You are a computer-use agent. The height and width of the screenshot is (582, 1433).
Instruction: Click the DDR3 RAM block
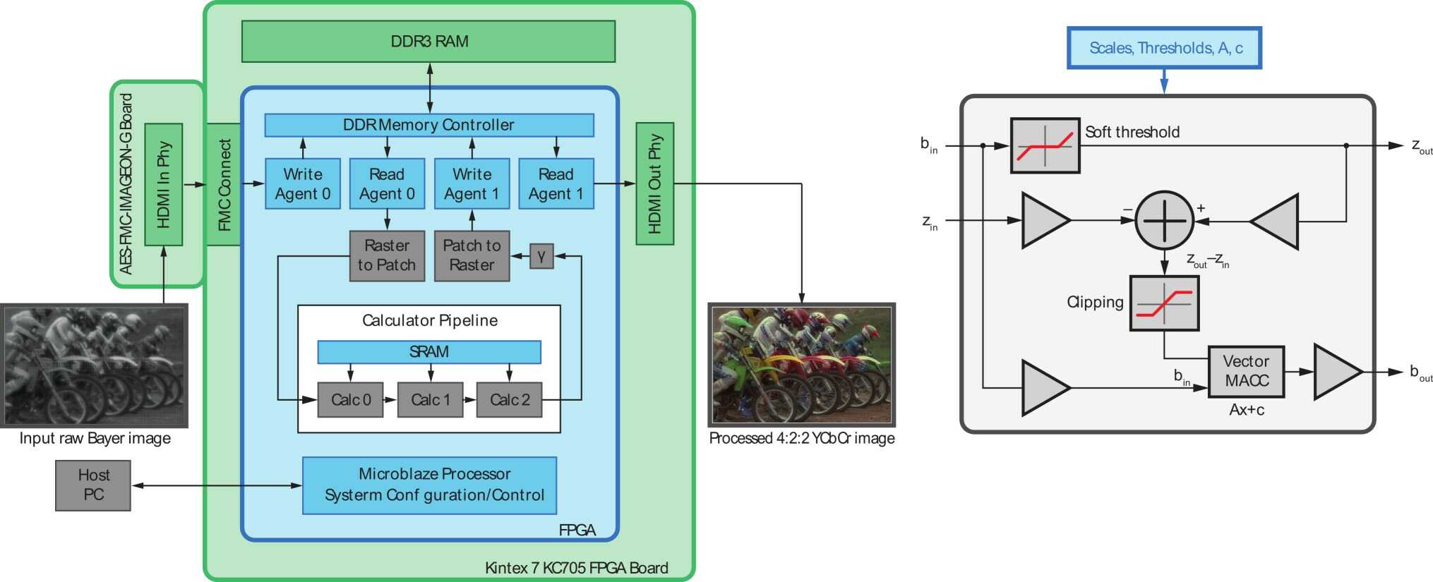(x=428, y=41)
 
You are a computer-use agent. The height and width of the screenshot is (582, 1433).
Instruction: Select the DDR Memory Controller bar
(x=428, y=125)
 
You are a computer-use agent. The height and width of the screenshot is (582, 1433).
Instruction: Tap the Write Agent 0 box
(x=302, y=183)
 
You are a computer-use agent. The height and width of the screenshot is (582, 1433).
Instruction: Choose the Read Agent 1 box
(x=556, y=183)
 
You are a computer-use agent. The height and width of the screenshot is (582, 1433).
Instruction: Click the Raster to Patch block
(x=387, y=255)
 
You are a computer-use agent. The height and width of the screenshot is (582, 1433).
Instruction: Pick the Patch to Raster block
(x=472, y=255)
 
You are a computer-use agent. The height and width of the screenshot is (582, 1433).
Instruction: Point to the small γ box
(x=541, y=256)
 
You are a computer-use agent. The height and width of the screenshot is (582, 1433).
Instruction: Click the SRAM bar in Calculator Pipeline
(x=428, y=351)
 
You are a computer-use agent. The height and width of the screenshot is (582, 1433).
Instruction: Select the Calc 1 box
(x=430, y=400)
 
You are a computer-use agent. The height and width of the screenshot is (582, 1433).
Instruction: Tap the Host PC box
(x=93, y=485)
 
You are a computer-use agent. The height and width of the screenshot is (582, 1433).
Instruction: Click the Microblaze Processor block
(x=429, y=485)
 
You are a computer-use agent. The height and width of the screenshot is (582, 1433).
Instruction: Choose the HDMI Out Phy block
(x=654, y=183)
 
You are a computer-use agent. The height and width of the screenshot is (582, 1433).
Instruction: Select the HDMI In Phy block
(x=164, y=184)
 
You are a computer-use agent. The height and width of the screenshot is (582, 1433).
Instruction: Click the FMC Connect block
(x=224, y=184)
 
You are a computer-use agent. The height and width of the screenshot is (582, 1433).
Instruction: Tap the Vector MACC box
(x=1246, y=371)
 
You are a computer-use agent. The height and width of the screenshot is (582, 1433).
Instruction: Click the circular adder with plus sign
(x=1164, y=220)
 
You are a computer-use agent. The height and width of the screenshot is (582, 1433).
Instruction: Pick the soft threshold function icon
(x=1045, y=145)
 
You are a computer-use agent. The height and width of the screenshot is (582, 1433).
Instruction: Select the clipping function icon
(x=1164, y=303)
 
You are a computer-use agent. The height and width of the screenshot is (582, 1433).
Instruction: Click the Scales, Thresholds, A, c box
(x=1164, y=48)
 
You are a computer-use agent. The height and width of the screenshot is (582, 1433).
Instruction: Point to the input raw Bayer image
(x=94, y=365)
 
